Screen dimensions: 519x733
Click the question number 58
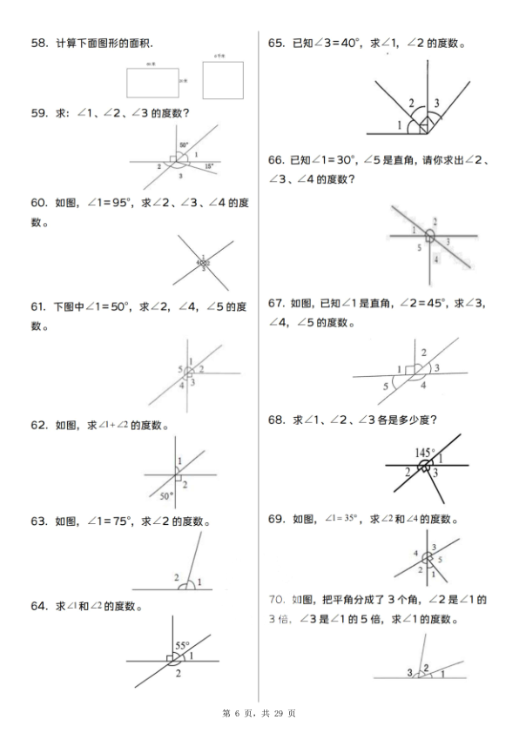pyautogui.click(x=38, y=44)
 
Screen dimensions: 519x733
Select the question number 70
pyautogui.click(x=279, y=599)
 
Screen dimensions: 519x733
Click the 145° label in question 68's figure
pyautogui.click(x=425, y=452)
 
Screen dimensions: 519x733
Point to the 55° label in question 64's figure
pyautogui.click(x=182, y=645)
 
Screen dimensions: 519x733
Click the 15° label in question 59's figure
pyautogui.click(x=209, y=165)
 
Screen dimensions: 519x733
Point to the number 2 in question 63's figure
pyautogui.click(x=176, y=578)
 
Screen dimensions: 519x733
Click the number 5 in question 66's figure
pyautogui.click(x=419, y=248)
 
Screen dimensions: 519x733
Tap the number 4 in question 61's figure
pyautogui.click(x=182, y=384)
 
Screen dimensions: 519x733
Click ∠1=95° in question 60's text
pyautogui.click(x=108, y=203)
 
